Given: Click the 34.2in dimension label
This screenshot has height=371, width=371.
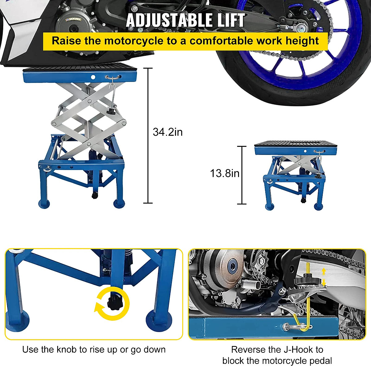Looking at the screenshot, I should click(x=168, y=132).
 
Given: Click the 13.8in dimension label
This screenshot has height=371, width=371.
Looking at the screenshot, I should click(x=224, y=173).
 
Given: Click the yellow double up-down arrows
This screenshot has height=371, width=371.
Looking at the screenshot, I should click(x=324, y=277).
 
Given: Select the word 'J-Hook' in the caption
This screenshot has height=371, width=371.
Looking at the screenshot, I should click(x=297, y=350).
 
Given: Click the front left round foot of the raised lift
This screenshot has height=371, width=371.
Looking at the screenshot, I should click(x=44, y=203).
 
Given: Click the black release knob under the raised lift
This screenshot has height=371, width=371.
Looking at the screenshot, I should click(x=94, y=195).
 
